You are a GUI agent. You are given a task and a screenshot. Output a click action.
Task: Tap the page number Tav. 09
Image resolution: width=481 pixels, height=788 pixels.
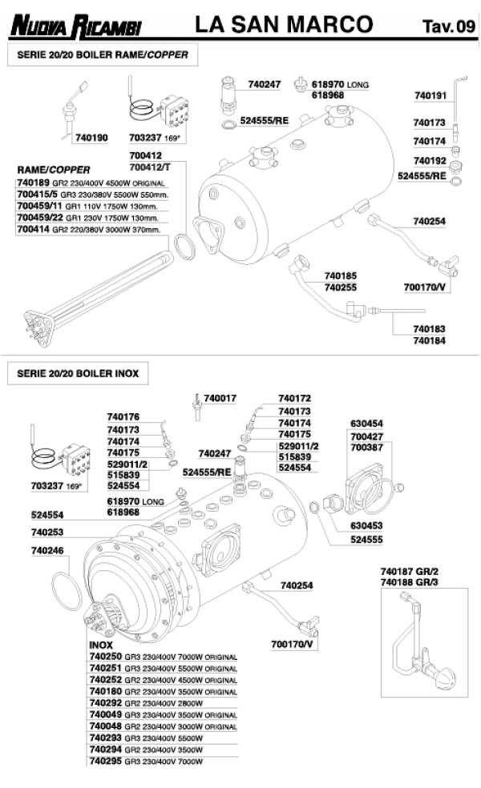pos(448,27)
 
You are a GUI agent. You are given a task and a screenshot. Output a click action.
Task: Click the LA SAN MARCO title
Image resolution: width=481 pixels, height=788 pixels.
pos(284,25)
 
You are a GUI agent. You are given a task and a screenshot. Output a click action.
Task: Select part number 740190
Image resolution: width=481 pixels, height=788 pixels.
pos(91,137)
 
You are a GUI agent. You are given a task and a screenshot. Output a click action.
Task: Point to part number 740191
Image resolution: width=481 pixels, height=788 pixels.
pos(430,95)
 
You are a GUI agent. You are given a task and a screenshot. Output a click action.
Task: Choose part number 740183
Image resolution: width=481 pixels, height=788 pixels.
pos(429,328)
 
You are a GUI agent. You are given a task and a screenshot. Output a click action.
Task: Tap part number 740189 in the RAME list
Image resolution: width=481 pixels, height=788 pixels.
pos(34,183)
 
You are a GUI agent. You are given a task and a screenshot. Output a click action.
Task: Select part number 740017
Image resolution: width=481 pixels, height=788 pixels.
pos(220,398)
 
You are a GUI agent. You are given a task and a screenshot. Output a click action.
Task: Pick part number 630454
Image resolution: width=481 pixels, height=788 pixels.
pos(366,423)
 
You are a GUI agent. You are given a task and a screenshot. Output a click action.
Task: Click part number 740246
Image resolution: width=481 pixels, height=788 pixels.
pos(47,551)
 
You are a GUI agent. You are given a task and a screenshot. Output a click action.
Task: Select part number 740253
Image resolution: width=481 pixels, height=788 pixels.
pos(47,532)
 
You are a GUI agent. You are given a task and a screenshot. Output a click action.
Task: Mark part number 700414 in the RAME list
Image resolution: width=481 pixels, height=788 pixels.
pos(34,230)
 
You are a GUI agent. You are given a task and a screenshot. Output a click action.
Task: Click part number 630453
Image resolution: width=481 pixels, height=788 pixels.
pos(366,526)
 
